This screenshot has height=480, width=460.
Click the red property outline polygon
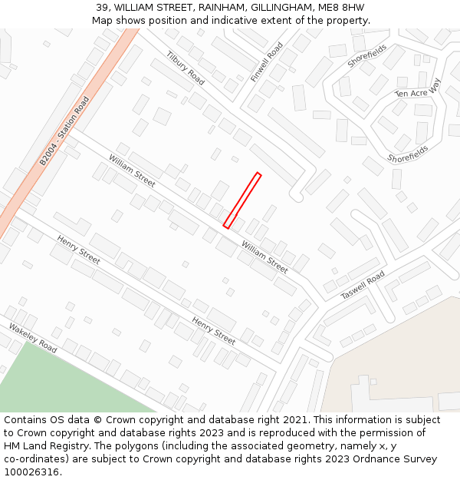242,200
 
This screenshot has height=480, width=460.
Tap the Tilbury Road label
186,69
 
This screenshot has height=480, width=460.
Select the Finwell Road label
267,62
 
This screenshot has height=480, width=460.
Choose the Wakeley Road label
33,338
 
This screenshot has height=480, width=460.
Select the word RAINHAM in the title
212,8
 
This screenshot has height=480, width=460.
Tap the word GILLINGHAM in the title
278,8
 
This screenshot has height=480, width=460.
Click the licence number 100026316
31,472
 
